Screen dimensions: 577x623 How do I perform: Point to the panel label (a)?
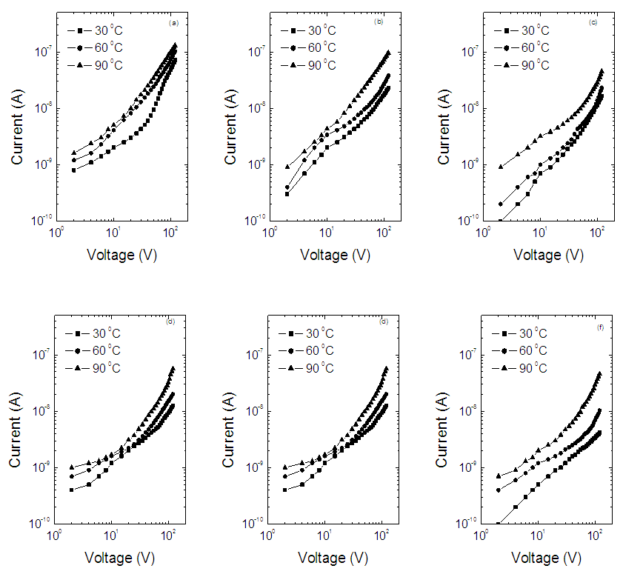[x=174, y=23]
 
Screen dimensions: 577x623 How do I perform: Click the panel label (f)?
[x=599, y=324]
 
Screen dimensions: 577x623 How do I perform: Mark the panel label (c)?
[x=593, y=23]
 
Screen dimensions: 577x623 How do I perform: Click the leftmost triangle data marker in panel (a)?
[x=74, y=153]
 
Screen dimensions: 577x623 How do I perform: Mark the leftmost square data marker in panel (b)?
[x=287, y=193]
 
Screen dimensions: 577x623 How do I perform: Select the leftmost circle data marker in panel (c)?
[x=501, y=204]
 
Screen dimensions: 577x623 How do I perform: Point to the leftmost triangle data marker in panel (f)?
[x=499, y=476]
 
